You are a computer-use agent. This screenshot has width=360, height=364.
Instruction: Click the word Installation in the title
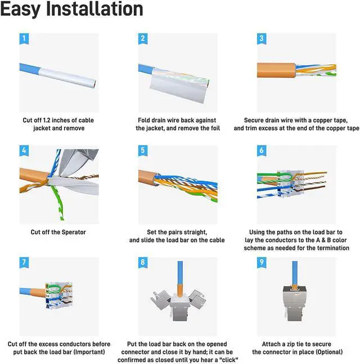click(94, 9)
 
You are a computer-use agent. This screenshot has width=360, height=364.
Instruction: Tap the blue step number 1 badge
click(24, 38)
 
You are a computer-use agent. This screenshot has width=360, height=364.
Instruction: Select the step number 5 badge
click(143, 150)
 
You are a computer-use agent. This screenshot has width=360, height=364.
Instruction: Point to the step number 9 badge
click(262, 262)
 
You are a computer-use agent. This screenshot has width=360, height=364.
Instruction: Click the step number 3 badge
click(262, 38)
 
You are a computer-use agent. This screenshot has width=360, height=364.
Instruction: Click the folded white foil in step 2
click(178, 86)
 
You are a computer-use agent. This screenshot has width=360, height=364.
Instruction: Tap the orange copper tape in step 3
click(276, 70)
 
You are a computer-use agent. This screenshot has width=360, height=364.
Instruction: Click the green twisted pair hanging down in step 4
click(57, 201)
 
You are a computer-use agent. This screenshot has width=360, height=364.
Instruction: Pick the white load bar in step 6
click(291, 184)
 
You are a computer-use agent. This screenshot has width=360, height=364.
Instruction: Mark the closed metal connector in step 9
click(295, 303)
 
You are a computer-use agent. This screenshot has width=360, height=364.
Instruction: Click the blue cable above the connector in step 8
click(180, 272)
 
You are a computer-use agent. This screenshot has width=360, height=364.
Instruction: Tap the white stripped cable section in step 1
click(67, 78)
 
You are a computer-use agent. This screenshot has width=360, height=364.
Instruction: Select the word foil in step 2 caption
click(215, 128)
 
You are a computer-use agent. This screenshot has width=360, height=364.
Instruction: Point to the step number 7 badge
click(24, 262)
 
